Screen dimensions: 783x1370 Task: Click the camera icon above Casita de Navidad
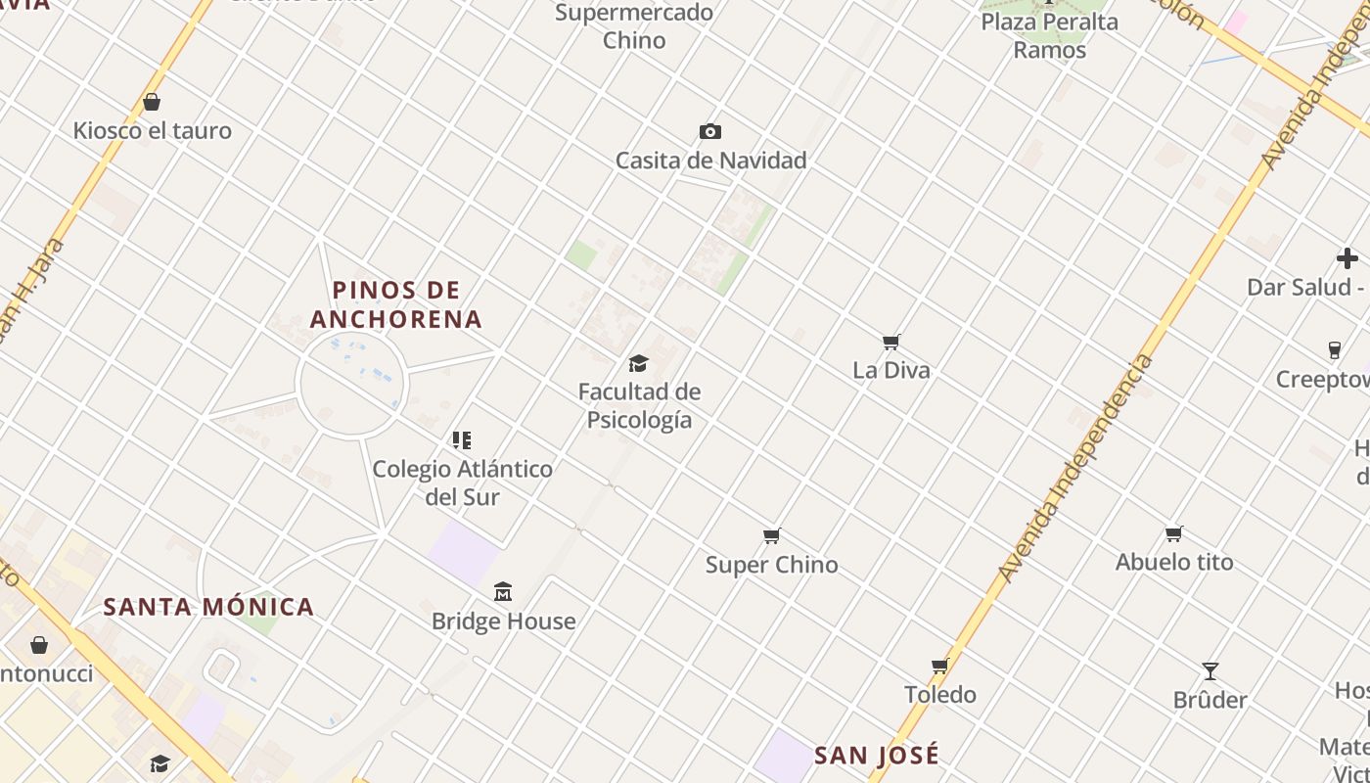pyautogui.click(x=710, y=131)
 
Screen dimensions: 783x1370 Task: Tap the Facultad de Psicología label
pyautogui.click(x=639, y=405)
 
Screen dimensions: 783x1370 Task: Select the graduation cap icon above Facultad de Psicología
pyautogui.click(x=639, y=364)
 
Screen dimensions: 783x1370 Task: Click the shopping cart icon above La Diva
pyautogui.click(x=890, y=342)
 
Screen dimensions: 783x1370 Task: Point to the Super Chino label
pyautogui.click(x=771, y=565)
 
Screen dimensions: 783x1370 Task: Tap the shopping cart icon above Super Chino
pyautogui.click(x=772, y=535)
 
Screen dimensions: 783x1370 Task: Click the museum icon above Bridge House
pyautogui.click(x=503, y=591)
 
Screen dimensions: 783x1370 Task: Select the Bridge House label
pyautogui.click(x=503, y=621)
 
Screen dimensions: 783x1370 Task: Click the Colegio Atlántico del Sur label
pyautogui.click(x=462, y=483)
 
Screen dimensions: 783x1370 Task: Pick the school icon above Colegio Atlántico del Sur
pyautogui.click(x=462, y=440)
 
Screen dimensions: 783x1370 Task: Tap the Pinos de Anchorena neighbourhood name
pyautogui.click(x=396, y=304)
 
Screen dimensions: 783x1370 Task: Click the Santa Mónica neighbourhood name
pyautogui.click(x=208, y=607)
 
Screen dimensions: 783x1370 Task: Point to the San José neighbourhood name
pyautogui.click(x=877, y=755)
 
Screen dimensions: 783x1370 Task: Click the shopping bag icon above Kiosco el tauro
pyautogui.click(x=152, y=102)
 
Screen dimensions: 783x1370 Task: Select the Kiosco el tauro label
pyautogui.click(x=152, y=130)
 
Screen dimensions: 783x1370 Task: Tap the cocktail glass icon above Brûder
pyautogui.click(x=1210, y=671)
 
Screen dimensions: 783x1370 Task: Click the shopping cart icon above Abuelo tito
pyautogui.click(x=1174, y=533)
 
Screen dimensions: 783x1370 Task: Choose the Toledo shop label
pyautogui.click(x=939, y=694)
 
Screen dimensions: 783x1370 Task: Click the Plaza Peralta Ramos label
pyautogui.click(x=1049, y=35)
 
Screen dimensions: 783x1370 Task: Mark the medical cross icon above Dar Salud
pyautogui.click(x=1347, y=258)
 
